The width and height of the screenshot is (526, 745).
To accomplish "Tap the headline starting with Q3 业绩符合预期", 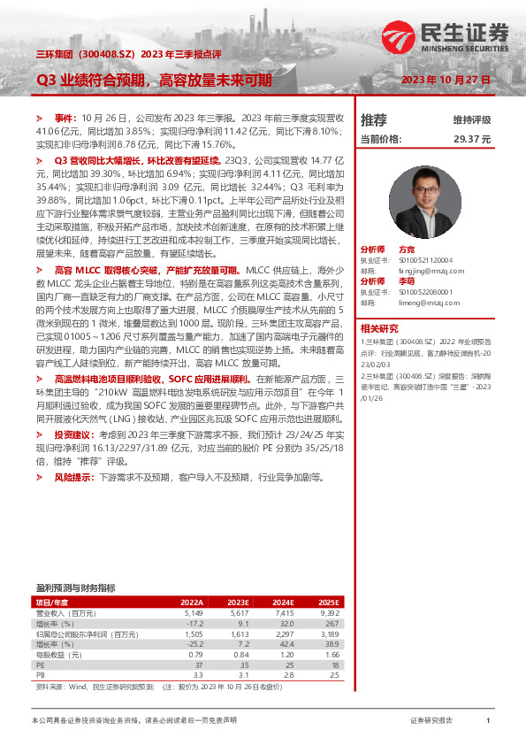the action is click(x=153, y=81).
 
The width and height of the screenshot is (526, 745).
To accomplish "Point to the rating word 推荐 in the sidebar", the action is click(x=374, y=119).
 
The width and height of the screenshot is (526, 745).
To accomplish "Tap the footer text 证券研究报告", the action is click(x=431, y=721).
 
